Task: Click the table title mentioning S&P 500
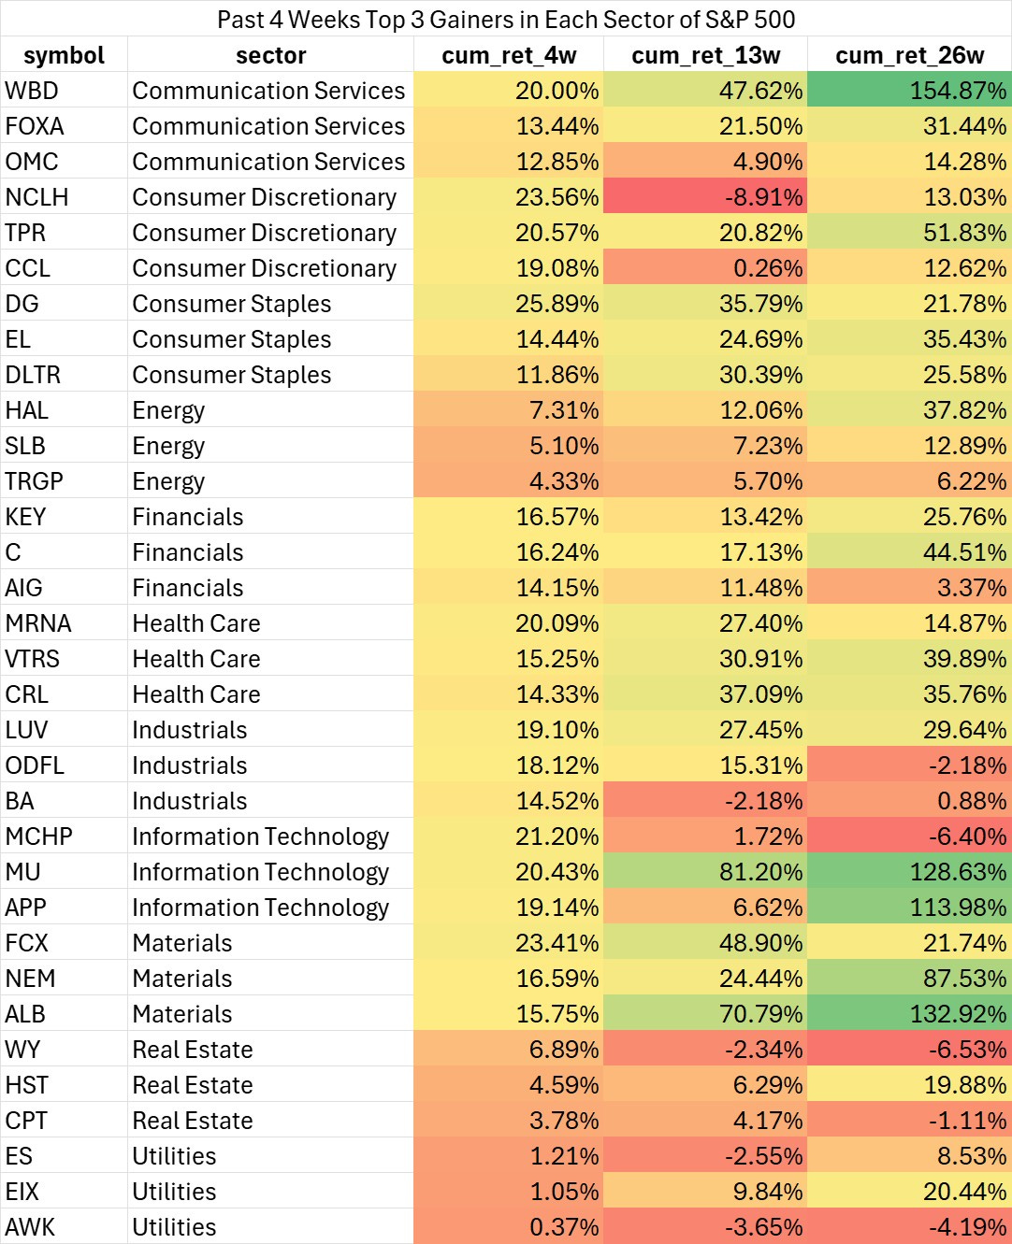point(506,19)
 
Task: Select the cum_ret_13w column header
point(705,55)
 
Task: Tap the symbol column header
point(64,55)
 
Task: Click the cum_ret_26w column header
point(909,55)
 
